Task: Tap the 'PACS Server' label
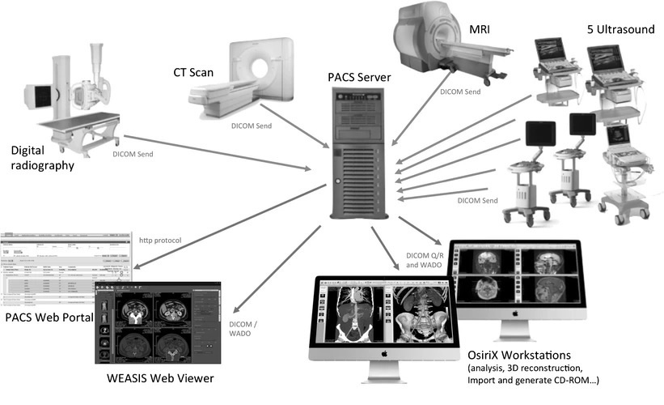359,78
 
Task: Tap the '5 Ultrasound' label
620,30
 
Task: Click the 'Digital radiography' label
43,158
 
